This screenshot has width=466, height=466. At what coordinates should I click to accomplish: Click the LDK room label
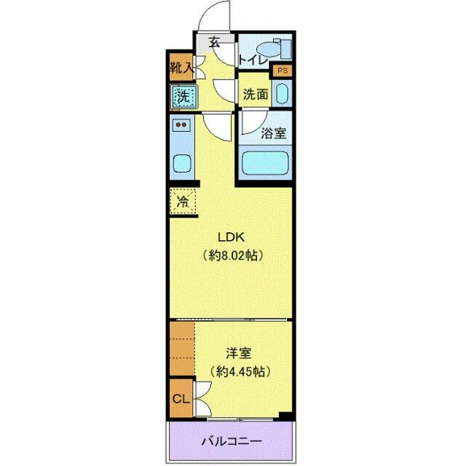(x=232, y=237)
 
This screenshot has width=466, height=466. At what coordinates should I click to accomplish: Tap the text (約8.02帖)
(x=232, y=256)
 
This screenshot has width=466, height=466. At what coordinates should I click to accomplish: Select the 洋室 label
(x=238, y=353)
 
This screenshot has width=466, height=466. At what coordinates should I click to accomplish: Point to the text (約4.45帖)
(x=238, y=371)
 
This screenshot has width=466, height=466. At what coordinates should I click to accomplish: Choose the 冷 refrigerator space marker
(x=182, y=200)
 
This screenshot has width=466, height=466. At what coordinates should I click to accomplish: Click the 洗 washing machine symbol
(x=183, y=94)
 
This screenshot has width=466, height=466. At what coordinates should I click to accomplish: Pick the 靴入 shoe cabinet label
(x=181, y=69)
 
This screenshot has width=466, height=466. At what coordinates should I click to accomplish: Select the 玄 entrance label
(x=215, y=42)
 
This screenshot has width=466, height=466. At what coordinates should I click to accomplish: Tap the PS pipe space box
(x=282, y=71)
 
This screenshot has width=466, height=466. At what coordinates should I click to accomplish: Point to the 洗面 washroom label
(x=256, y=94)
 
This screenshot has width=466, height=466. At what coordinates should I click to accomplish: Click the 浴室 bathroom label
(x=273, y=133)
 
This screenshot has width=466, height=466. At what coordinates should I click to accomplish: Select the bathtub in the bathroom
(x=265, y=162)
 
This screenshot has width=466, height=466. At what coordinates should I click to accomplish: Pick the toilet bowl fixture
(x=275, y=47)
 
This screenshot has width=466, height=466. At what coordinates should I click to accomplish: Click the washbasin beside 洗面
(x=283, y=94)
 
